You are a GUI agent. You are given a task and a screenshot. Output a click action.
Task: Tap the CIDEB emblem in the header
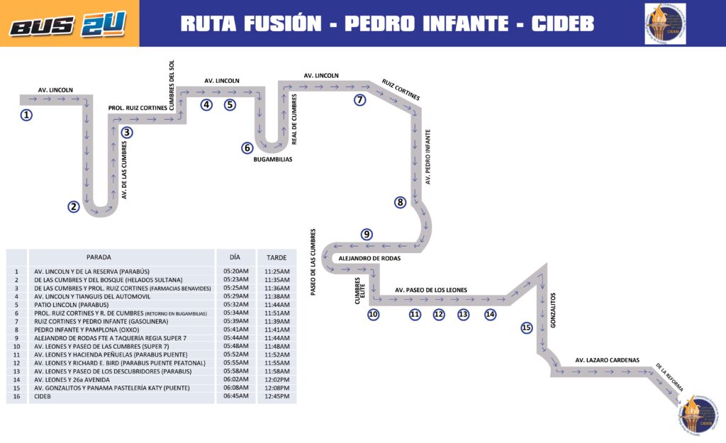pyautogui.click(x=665, y=23)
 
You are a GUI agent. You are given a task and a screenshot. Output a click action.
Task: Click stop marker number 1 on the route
pyautogui.click(x=26, y=115)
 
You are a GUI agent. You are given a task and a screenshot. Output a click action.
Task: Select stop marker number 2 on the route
pyautogui.click(x=74, y=207)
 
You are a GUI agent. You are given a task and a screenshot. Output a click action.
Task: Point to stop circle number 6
pyautogui.click(x=247, y=148)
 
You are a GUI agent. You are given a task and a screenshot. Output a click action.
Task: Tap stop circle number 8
pyautogui.click(x=401, y=203)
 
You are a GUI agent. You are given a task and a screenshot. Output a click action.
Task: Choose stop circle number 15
pyautogui.click(x=526, y=327)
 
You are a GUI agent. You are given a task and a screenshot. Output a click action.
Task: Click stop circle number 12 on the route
pyautogui.click(x=439, y=314)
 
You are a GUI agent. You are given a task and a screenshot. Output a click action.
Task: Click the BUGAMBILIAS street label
pyautogui.click(x=273, y=159)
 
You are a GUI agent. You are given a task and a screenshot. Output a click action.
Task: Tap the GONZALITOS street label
pyautogui.click(x=554, y=310)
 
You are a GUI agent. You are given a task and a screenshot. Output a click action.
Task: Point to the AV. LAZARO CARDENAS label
pyautogui.click(x=607, y=360)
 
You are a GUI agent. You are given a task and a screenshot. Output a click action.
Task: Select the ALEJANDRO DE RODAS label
pyautogui.click(x=369, y=259)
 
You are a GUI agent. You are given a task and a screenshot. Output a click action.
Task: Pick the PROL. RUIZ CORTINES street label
pyautogui.click(x=138, y=108)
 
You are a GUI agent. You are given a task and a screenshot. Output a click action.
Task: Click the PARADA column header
pyautogui.click(x=99, y=257)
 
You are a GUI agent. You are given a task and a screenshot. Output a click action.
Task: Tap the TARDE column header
pyautogui.click(x=272, y=257)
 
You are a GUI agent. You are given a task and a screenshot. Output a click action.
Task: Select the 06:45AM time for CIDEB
pyautogui.click(x=236, y=396)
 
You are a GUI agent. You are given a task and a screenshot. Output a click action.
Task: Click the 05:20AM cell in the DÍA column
pyautogui.click(x=236, y=271)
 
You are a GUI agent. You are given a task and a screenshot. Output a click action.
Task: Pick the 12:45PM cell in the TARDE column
pyautogui.click(x=277, y=396)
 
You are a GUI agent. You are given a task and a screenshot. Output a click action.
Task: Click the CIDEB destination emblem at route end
pyautogui.click(x=696, y=415)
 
